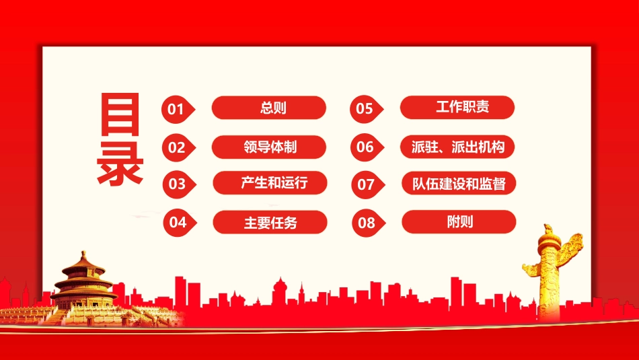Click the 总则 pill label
pyautogui.click(x=269, y=108)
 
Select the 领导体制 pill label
pyautogui.click(x=269, y=147)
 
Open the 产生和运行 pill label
pyautogui.click(x=270, y=183)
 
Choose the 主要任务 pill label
pyautogui.click(x=270, y=222)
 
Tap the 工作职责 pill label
pyautogui.click(x=457, y=108)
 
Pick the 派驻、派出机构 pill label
pyautogui.click(x=457, y=147)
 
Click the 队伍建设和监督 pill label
pyautogui.click(x=459, y=183)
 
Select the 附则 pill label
pyautogui.click(x=459, y=221)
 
